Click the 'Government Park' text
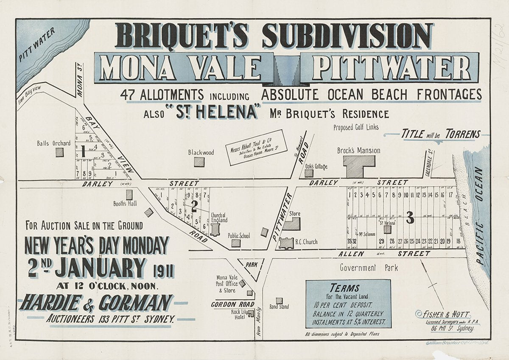pyautogui.click(x=369, y=268)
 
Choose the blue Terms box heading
pyautogui.click(x=348, y=287)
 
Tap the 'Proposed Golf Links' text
pyautogui.click(x=355, y=127)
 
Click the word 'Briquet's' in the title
pyautogui.click(x=185, y=36)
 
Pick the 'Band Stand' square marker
pyautogui.click(x=279, y=300)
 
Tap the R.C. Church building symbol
pyautogui.click(x=287, y=243)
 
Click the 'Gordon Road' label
pyautogui.click(x=233, y=304)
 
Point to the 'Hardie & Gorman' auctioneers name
pyautogui.click(x=96, y=303)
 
